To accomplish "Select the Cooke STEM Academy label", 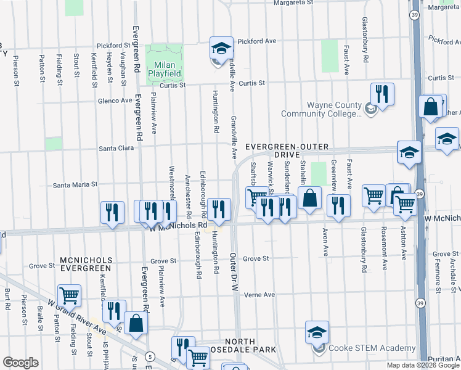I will tap(364, 348).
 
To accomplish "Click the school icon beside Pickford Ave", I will tap(221, 48).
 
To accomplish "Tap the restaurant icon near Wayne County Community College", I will tap(382, 94).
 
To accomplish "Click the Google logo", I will tap(20, 363).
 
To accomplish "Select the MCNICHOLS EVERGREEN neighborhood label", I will tap(85, 264).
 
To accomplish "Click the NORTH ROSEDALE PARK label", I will tap(249, 346).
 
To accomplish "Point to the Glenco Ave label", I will tap(115, 101).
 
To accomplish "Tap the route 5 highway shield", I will tap(150, 356).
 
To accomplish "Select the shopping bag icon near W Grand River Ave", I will tap(136, 322).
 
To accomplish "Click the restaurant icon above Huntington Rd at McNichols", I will tap(218, 208).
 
